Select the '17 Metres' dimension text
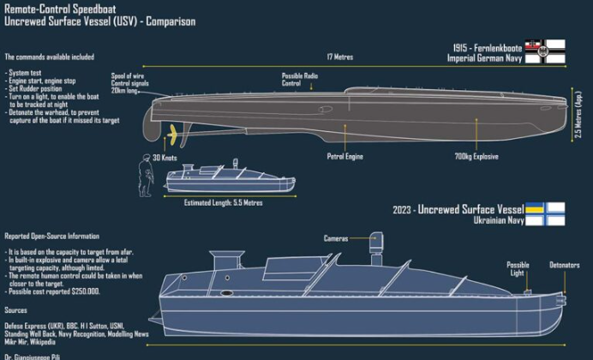tap(339, 58)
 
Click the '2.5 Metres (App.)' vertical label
tap(580, 117)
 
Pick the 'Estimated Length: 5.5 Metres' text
tap(224, 203)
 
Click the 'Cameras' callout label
tap(336, 237)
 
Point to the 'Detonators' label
tap(564, 265)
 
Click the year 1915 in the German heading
tap(461, 46)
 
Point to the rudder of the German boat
tap(153, 129)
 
